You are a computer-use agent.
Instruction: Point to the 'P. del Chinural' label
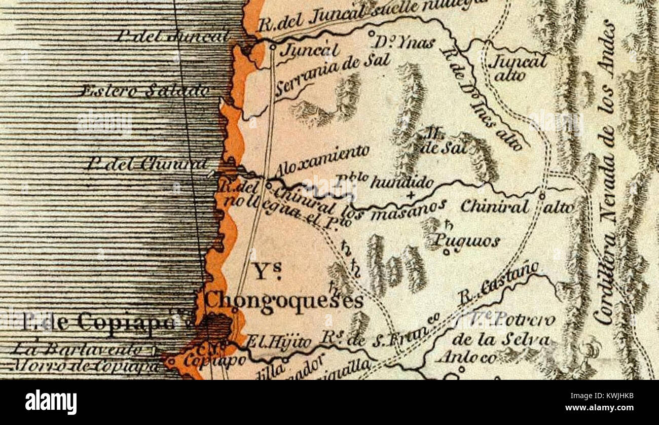[147, 163]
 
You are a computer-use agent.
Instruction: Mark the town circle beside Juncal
[273, 47]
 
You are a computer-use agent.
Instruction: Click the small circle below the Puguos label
[446, 252]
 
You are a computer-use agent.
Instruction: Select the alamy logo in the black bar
[51, 402]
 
